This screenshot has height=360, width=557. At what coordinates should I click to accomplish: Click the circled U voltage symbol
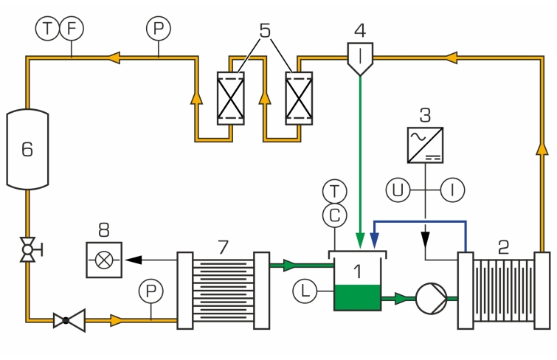398,190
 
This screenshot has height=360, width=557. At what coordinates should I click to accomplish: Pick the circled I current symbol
453,190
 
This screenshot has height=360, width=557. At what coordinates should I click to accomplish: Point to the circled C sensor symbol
336,215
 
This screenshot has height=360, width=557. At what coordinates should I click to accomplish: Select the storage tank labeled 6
27,148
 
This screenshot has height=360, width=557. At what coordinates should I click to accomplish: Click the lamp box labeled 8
105,260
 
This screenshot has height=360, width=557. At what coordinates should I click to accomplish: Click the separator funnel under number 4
360,57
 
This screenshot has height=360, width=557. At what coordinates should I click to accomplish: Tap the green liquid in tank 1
358,297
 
